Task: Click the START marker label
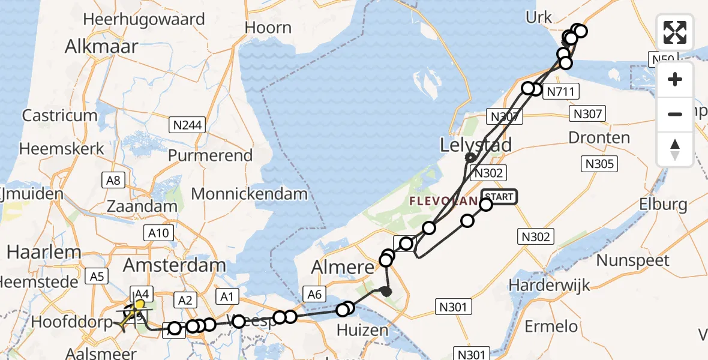coord(498,197)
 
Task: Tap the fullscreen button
coord(675,32)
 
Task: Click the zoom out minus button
coord(675,114)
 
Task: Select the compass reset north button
coord(675,148)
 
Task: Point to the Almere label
coord(341,266)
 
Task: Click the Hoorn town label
coord(268,28)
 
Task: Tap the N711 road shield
coord(562,92)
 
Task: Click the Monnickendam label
coord(249,194)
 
